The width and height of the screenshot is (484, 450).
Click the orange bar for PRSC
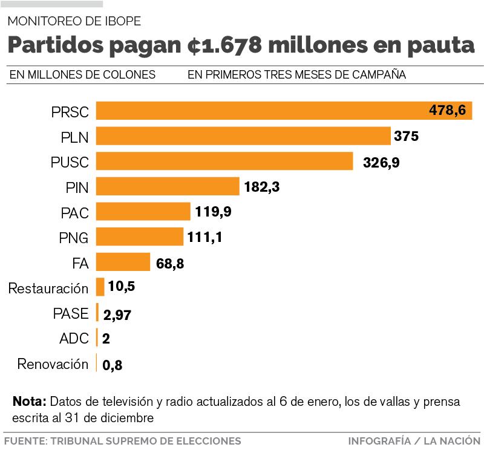pos(260,111)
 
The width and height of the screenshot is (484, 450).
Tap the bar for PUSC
pos(224,161)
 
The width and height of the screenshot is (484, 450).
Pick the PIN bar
pos(168,186)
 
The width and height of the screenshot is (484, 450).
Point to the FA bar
pos(123,262)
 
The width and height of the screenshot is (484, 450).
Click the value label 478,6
pos(447,111)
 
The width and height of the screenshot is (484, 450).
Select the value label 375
pos(406,137)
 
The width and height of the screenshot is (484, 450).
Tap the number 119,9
pos(214,212)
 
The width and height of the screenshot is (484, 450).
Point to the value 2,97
pos(117,315)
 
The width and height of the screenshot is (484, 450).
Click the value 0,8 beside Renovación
pos(113,365)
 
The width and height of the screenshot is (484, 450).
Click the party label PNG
pos(74,238)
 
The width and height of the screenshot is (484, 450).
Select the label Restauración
pos(48,289)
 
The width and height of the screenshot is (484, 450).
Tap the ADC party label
pos(74,339)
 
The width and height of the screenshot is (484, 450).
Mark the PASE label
pos(71,313)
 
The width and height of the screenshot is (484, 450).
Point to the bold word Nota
pos(29,402)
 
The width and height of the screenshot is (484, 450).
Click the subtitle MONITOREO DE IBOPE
pos(74,22)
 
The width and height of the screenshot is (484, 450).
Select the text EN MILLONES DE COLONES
pos(82,75)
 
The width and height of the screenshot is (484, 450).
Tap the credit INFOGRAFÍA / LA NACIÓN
pos(414,441)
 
